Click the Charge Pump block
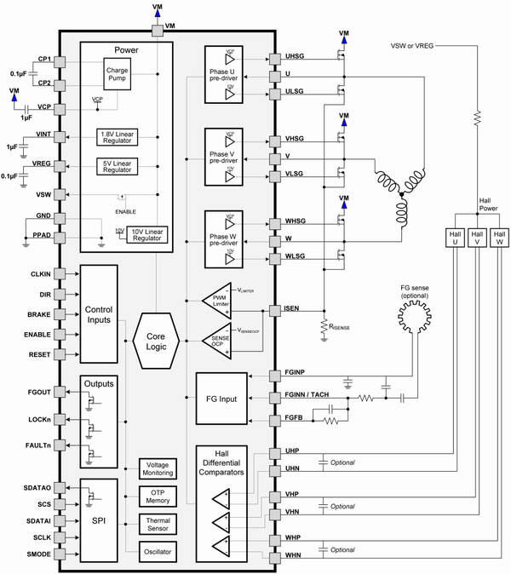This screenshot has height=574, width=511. coord(116,75)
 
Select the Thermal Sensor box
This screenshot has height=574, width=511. coord(157,523)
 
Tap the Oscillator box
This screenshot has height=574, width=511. coord(157,552)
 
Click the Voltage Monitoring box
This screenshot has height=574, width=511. coord(157,468)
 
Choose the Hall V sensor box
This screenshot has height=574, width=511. coord(476,238)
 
